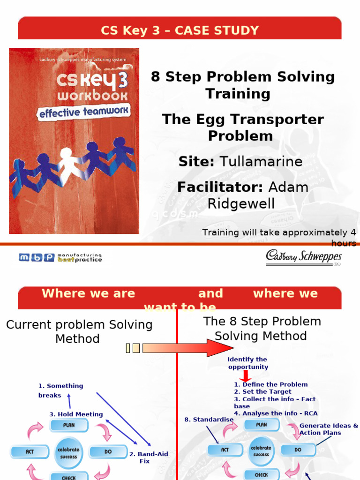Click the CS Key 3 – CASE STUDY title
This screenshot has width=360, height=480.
coord(180,31)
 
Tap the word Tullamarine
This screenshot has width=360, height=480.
coord(262,162)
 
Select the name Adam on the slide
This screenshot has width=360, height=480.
coord(288,187)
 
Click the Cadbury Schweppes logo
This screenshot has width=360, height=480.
coord(304,257)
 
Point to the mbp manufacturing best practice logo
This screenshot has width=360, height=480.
coord(60,257)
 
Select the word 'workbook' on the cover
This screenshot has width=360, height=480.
coord(92,96)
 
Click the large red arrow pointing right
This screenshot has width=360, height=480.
coord(187,348)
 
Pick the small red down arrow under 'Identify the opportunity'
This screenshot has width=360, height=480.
coord(244,376)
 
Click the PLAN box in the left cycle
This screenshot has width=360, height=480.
coord(68,425)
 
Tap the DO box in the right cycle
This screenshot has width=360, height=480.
coord(298,450)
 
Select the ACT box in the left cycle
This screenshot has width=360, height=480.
coord(30,452)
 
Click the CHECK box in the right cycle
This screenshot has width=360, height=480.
coord(261,474)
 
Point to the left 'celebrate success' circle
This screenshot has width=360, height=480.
coord(68,452)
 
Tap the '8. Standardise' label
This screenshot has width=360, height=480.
coord(209,420)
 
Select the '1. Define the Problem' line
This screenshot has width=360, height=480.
coord(270,384)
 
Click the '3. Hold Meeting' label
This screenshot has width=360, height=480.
coord(76,414)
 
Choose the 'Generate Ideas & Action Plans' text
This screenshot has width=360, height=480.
coord(328,429)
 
